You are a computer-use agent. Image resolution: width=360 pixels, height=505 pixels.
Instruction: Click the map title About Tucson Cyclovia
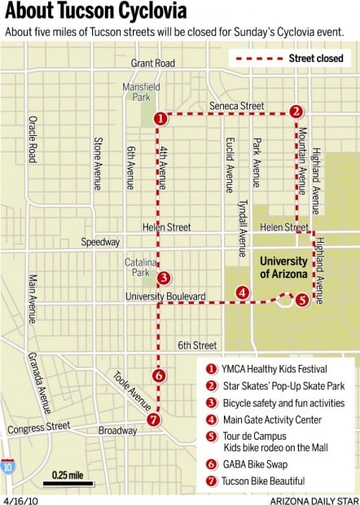pyautogui.click(x=96, y=12)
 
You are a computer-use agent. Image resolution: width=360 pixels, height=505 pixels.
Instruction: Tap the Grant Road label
pyautogui.click(x=152, y=63)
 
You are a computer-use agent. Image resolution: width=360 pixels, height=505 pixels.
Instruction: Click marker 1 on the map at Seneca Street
pyautogui.click(x=160, y=118)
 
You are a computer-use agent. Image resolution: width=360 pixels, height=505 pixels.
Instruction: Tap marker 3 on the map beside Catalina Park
pyautogui.click(x=163, y=278)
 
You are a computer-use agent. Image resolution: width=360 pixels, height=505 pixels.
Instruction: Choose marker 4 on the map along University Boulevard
pyautogui.click(x=242, y=293)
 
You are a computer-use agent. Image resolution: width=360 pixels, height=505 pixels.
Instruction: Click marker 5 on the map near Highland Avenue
pyautogui.click(x=302, y=299)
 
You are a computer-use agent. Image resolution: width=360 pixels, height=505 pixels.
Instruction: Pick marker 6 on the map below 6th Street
pyautogui.click(x=160, y=376)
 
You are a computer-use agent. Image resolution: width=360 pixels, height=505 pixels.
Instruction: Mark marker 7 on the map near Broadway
pyautogui.click(x=153, y=420)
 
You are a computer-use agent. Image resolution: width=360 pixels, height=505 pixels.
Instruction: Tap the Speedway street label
pyautogui.click(x=100, y=242)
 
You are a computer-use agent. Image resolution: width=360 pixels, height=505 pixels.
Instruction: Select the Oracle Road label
pyautogui.click(x=32, y=139)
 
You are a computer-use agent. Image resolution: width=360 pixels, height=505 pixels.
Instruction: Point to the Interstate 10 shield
pyautogui.click(x=7, y=468)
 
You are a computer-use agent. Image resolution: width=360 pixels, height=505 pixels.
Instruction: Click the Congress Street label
pyautogui.click(x=40, y=427)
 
